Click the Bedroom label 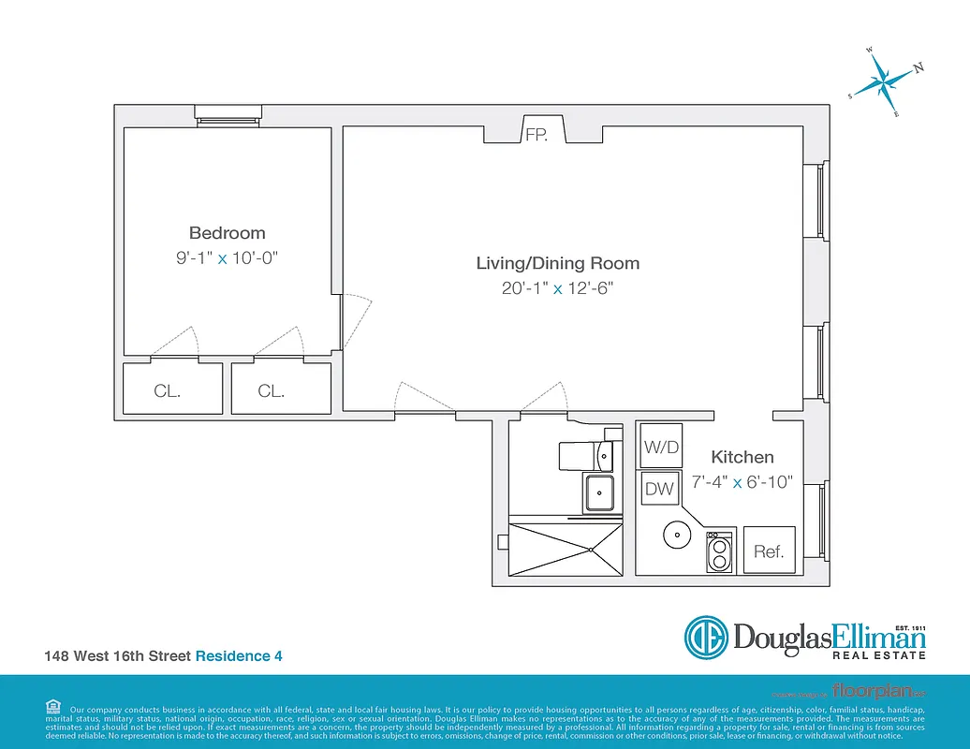coord(227,233)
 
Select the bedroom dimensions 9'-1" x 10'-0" coord(228,257)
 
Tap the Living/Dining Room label coord(557,263)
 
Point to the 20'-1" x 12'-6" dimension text coord(557,288)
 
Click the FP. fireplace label coord(536,135)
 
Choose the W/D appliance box coord(660,448)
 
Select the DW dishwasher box coord(660,488)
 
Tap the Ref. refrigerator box coord(769,551)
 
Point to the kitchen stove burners coord(718,552)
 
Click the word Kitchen coord(742,457)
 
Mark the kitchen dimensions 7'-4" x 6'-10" coord(742,482)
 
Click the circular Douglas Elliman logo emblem coord(707,638)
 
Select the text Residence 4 coord(238,656)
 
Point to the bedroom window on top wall coord(228,113)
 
